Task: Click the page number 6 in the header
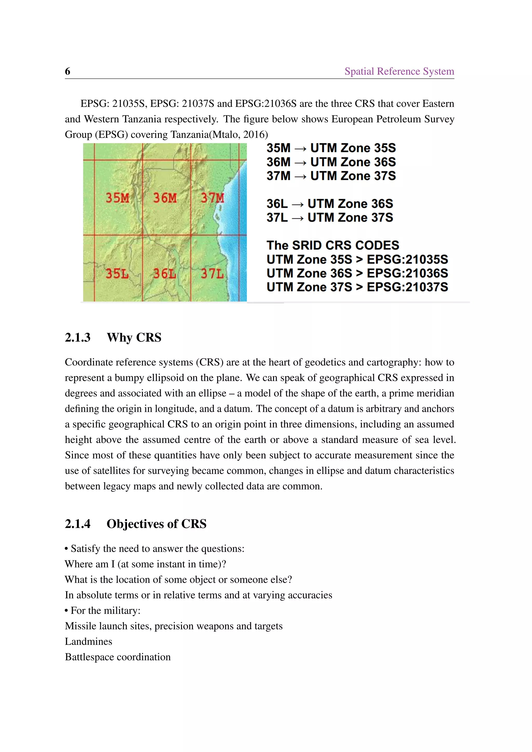click(68, 71)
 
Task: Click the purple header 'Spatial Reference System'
click(399, 71)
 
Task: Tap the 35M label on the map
click(117, 198)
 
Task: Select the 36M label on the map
click(165, 198)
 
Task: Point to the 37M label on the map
click(212, 198)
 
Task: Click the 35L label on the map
click(117, 273)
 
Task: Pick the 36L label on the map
click(164, 273)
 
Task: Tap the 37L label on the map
click(212, 273)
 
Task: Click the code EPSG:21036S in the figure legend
click(407, 273)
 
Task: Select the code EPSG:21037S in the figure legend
click(407, 287)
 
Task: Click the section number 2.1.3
click(78, 337)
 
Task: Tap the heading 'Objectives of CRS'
click(157, 524)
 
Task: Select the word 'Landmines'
click(88, 641)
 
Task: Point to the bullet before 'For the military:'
click(66, 611)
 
